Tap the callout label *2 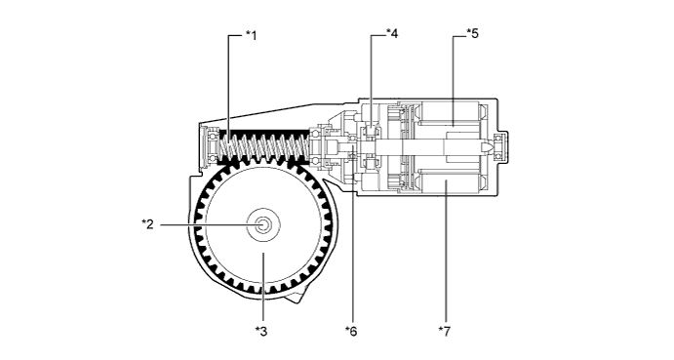point(146,224)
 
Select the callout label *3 point(261,333)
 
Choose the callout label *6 point(352,333)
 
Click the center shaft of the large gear point(263,224)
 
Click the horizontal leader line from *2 point(205,224)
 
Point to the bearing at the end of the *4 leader point(373,132)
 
